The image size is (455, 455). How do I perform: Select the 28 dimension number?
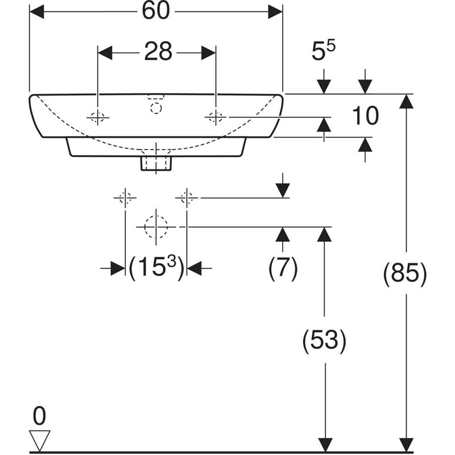click(x=157, y=52)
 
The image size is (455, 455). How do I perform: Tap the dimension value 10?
click(x=365, y=117)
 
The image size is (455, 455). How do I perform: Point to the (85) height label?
click(x=405, y=274)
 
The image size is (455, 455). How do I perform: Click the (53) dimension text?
click(x=324, y=340)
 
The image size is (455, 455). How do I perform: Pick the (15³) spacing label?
click(x=156, y=267)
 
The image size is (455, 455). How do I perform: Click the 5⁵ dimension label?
click(x=324, y=52)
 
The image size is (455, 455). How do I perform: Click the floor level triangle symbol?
click(x=39, y=439)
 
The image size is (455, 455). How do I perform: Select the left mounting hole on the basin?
click(x=98, y=118)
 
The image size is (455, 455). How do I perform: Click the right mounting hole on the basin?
click(x=216, y=118)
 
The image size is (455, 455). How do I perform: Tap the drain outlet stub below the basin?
click(x=156, y=163)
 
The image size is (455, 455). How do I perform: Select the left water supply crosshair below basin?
click(x=125, y=198)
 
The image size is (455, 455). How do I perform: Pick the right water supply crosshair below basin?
click(x=187, y=198)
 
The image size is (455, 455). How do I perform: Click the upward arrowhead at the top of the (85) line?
click(x=406, y=101)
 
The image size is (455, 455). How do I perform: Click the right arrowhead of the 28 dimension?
click(x=209, y=52)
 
